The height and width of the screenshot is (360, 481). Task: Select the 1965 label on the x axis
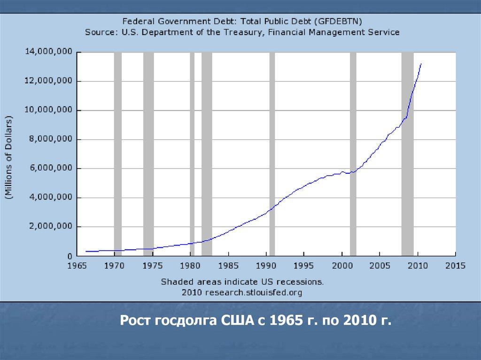click(76, 266)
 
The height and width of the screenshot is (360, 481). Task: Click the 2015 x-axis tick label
click(455, 266)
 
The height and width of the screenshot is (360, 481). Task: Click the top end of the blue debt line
click(421, 63)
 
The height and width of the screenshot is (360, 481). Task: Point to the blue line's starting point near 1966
click(86, 251)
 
